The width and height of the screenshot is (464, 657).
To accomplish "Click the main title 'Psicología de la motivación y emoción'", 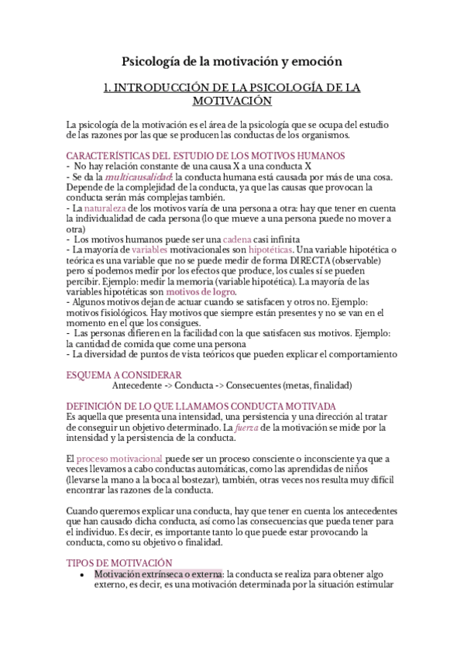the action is [232, 60].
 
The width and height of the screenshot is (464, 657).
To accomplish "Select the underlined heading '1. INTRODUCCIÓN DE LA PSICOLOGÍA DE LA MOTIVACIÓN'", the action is [232, 94].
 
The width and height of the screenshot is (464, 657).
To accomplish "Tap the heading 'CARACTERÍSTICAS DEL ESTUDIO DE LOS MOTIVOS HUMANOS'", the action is [194, 155].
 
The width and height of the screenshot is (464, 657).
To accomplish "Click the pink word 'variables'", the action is [153, 250].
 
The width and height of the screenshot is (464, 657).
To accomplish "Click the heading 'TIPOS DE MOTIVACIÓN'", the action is [119, 562].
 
